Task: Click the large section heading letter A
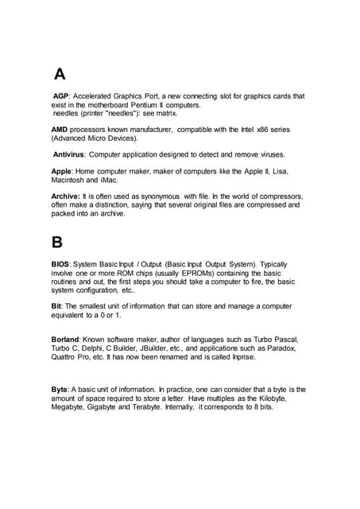click(60, 75)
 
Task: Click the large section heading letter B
click(57, 242)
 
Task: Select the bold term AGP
click(62, 96)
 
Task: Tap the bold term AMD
click(59, 129)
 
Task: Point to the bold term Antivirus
click(68, 154)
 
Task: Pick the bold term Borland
click(65, 340)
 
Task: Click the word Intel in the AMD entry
click(249, 129)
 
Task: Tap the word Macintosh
click(73, 181)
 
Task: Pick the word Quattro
click(68, 357)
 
